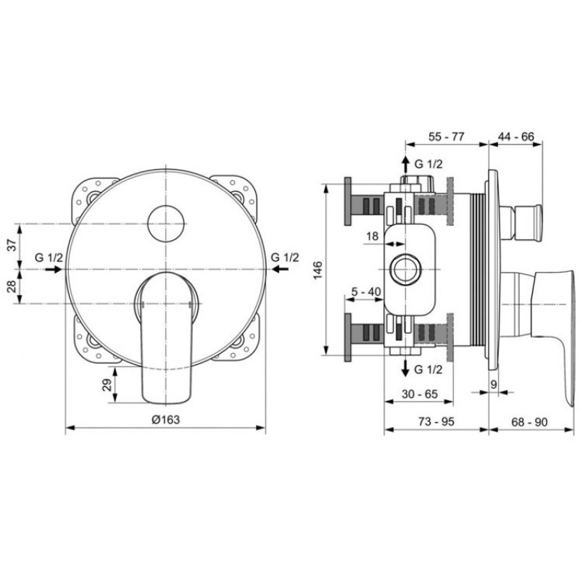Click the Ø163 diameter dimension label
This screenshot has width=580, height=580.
pos(166,420)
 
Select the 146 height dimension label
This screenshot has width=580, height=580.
pos(318,270)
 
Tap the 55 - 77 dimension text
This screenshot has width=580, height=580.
pos(446,136)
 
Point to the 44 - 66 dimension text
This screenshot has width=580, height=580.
pos(516,136)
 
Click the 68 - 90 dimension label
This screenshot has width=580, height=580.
pos(529,422)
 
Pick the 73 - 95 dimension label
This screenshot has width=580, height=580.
pos(436,422)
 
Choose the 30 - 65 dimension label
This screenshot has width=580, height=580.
pos(420,394)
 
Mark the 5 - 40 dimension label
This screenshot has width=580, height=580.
pos(366,292)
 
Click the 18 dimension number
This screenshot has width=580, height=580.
pos(373,236)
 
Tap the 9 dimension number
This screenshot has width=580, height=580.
pos(494,384)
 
